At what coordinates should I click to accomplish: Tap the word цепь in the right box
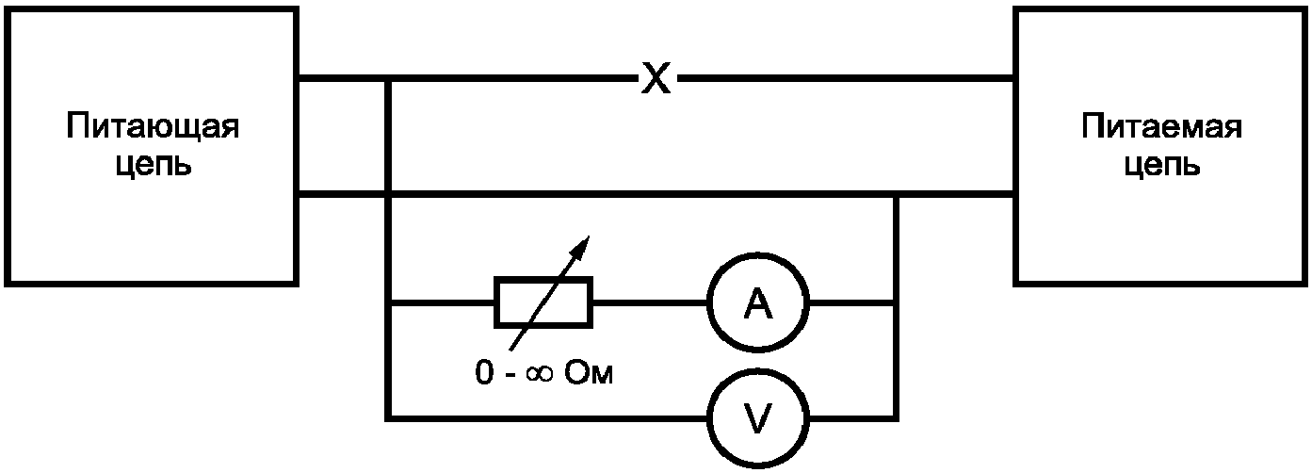(x=1163, y=165)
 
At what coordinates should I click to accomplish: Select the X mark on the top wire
(x=656, y=80)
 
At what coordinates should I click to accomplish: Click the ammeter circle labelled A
(x=758, y=304)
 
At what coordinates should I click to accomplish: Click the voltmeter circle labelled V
(x=758, y=416)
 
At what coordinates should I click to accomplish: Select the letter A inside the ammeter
(x=758, y=304)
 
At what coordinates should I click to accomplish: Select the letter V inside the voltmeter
(x=758, y=416)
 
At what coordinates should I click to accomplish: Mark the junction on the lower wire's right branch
(x=897, y=195)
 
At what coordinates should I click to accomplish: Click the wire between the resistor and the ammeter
(x=650, y=303)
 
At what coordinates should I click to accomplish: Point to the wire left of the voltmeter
(x=546, y=416)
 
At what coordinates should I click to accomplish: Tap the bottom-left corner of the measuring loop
(x=388, y=416)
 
